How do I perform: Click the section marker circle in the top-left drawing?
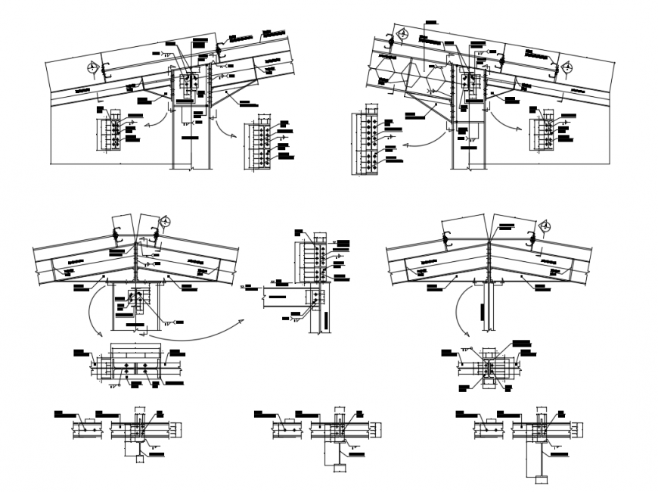pos(93,67)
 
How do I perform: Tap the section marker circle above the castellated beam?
pos(403,35)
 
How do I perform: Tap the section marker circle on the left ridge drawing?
pos(166,222)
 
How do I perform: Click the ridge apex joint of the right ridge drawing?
pos(489,241)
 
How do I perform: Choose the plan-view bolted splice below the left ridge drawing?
pos(134,367)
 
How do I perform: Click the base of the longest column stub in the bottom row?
pos(539,478)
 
